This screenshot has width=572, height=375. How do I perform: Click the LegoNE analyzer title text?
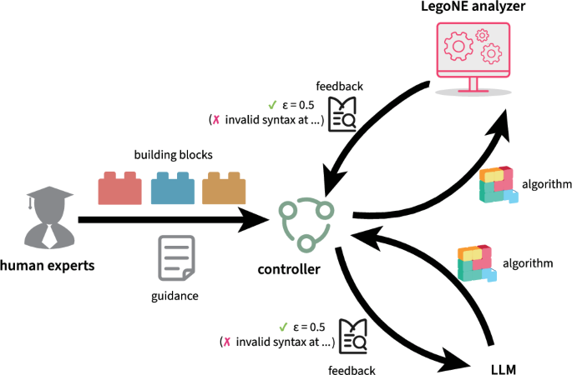(x=473, y=6)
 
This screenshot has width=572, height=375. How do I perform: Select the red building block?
(x=119, y=187)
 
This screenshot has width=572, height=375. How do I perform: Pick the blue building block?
(x=173, y=187)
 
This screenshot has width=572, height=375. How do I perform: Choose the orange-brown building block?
(x=224, y=187)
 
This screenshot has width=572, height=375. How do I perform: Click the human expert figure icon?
(x=49, y=217)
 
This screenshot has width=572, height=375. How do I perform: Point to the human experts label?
(x=47, y=265)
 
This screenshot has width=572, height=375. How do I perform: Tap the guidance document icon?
(x=176, y=257)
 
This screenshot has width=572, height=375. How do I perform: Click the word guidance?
(x=175, y=296)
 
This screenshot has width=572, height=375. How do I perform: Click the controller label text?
(x=289, y=269)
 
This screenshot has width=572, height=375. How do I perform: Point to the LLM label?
(x=504, y=369)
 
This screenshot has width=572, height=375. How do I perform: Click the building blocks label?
(x=174, y=155)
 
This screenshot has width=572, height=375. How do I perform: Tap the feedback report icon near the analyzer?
(x=342, y=114)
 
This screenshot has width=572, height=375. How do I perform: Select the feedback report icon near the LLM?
(x=353, y=336)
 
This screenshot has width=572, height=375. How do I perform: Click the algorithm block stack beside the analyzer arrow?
(x=499, y=184)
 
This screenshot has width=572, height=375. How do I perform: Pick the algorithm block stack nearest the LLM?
(x=477, y=263)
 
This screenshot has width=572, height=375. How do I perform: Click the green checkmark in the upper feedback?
(x=272, y=105)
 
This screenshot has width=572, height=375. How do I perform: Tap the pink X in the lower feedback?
(x=227, y=342)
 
